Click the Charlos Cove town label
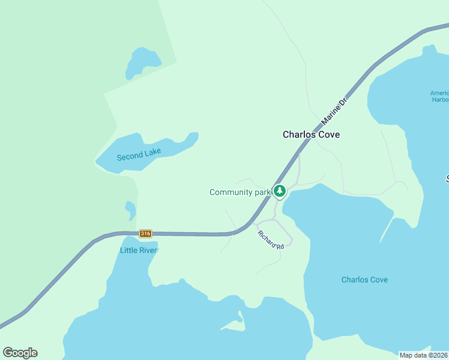311,134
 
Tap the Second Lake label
139,155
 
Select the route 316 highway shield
145,233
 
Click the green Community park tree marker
279,191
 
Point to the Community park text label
240,192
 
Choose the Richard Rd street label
270,240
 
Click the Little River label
139,250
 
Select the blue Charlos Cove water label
364,280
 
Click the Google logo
20,353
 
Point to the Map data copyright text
424,355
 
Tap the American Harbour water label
440,97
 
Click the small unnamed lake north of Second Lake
142,62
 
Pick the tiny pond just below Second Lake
130,209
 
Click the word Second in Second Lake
130,157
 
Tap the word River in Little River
148,250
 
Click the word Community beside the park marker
231,192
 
